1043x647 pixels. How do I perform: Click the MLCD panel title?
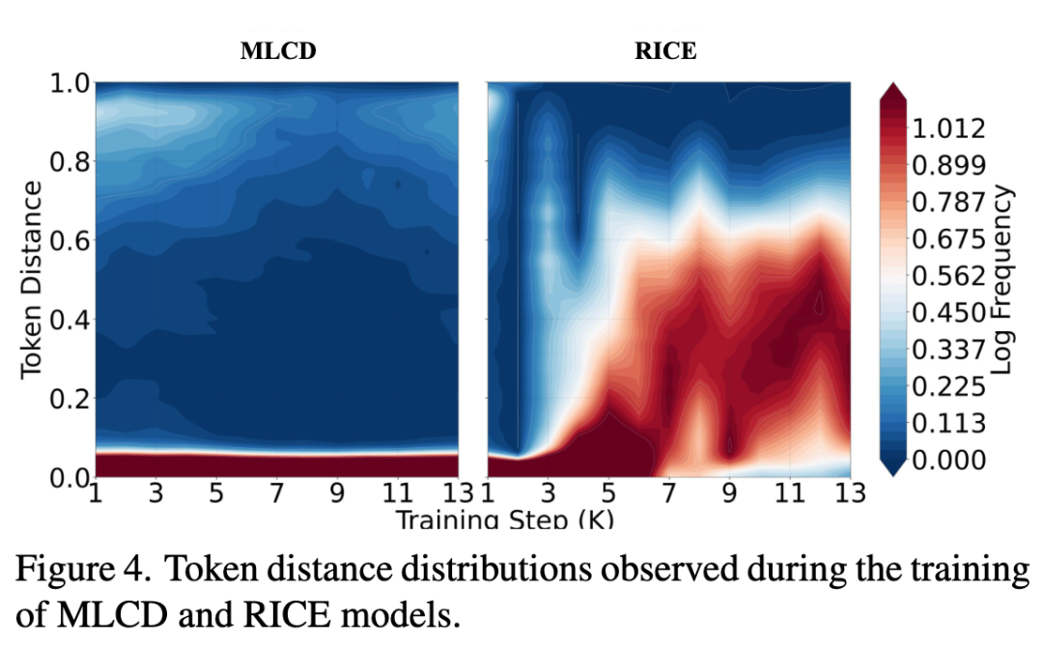[278, 51]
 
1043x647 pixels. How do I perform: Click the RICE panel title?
[665, 51]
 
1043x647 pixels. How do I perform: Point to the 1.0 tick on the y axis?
[70, 84]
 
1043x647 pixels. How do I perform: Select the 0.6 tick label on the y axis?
[70, 240]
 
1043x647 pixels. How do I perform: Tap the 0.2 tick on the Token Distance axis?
[70, 399]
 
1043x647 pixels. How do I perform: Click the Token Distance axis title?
[31, 280]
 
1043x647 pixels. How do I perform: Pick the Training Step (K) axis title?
[505, 519]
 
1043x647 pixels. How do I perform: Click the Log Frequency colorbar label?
[1001, 280]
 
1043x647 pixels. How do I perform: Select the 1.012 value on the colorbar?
[948, 128]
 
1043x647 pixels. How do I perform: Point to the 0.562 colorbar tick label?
[948, 276]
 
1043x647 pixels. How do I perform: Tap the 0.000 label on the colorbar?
[948, 461]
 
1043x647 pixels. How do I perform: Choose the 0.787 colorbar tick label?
[948, 202]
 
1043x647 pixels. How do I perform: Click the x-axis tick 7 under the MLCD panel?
[277, 493]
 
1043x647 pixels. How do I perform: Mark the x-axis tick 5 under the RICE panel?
[608, 493]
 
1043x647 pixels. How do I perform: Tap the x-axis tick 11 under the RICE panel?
[790, 493]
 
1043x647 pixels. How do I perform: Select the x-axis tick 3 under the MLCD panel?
[155, 493]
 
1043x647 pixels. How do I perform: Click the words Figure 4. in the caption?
[83, 569]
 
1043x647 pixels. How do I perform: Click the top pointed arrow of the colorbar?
[892, 92]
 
